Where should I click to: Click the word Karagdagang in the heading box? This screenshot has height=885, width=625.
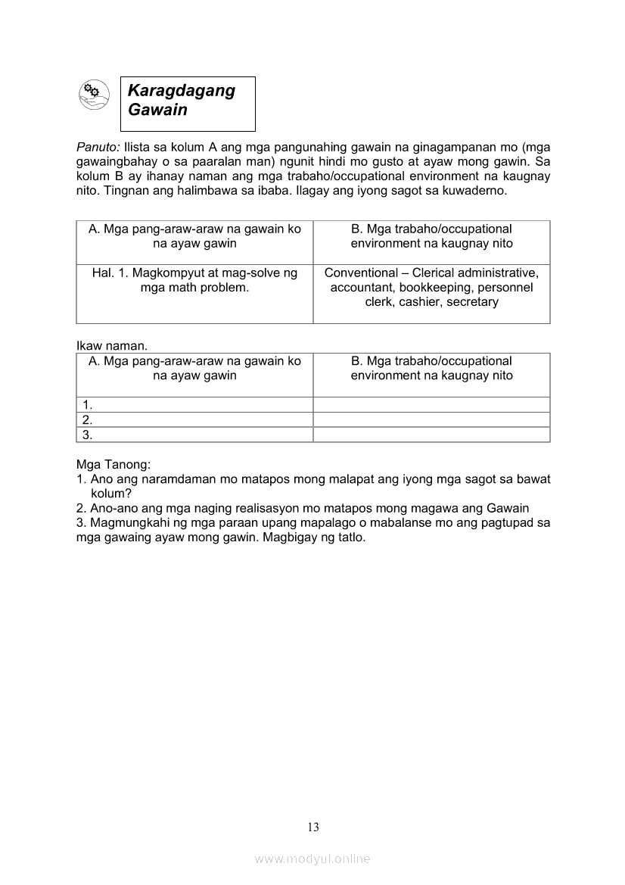tap(182, 90)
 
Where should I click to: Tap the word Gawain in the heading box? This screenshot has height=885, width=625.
tap(157, 110)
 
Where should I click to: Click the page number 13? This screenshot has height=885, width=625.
tap(313, 827)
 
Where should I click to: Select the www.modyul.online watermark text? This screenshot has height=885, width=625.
tap(312, 859)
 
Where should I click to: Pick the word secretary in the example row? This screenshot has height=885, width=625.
tap(472, 302)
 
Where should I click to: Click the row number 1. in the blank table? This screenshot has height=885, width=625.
tap(88, 405)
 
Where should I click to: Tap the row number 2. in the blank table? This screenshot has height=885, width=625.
tap(88, 419)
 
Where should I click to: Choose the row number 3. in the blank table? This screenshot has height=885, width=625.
tap(88, 435)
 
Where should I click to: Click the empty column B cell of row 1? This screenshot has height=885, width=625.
tap(431, 404)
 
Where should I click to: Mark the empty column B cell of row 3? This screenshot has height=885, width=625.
tap(431, 435)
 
